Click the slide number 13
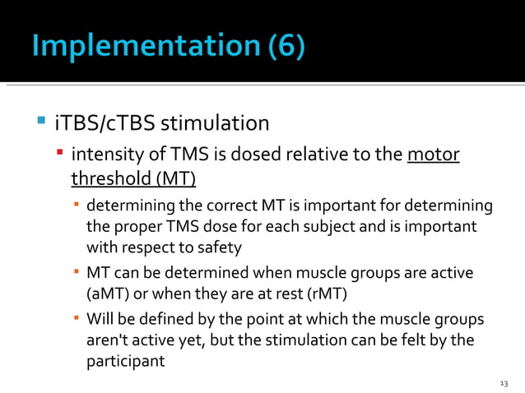pos(504,384)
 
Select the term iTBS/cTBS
pos(104,123)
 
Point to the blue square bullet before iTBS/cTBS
pos(40,123)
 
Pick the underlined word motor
pos(434,155)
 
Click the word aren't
pos(109,340)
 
